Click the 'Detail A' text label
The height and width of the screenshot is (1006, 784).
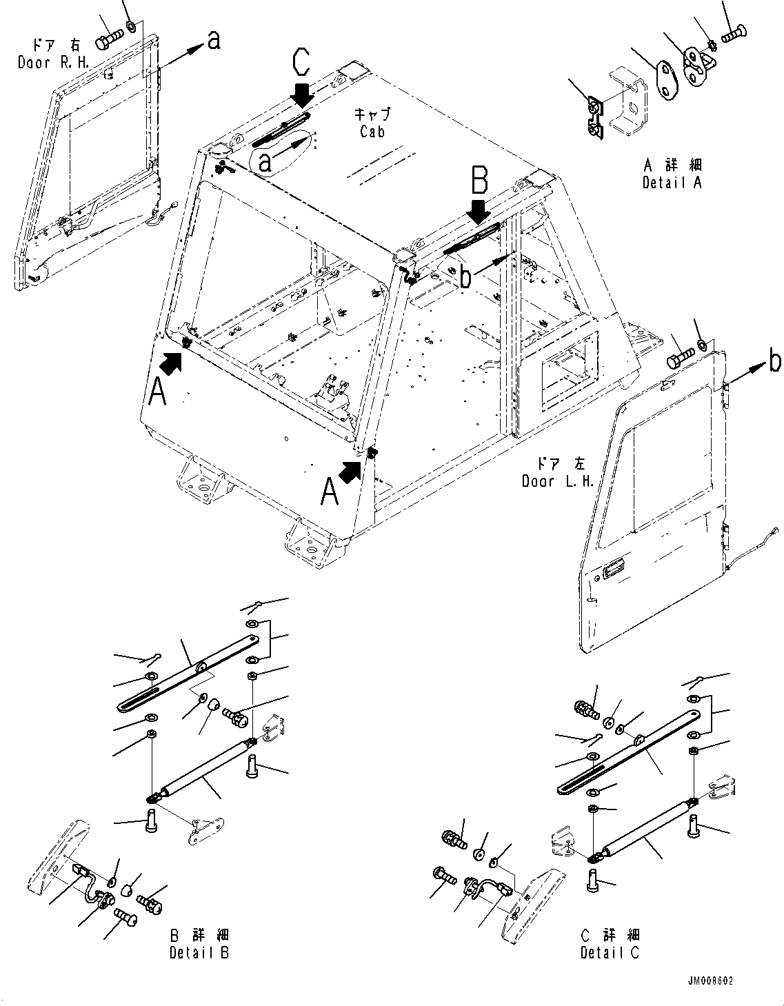point(672,183)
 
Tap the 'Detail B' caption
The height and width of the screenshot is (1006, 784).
point(199,952)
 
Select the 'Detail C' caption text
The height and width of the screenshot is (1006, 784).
point(610,952)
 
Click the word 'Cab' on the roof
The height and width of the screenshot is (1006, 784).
point(372,131)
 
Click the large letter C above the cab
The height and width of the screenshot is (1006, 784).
point(301,63)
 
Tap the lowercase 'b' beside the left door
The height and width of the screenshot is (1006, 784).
point(775,361)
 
